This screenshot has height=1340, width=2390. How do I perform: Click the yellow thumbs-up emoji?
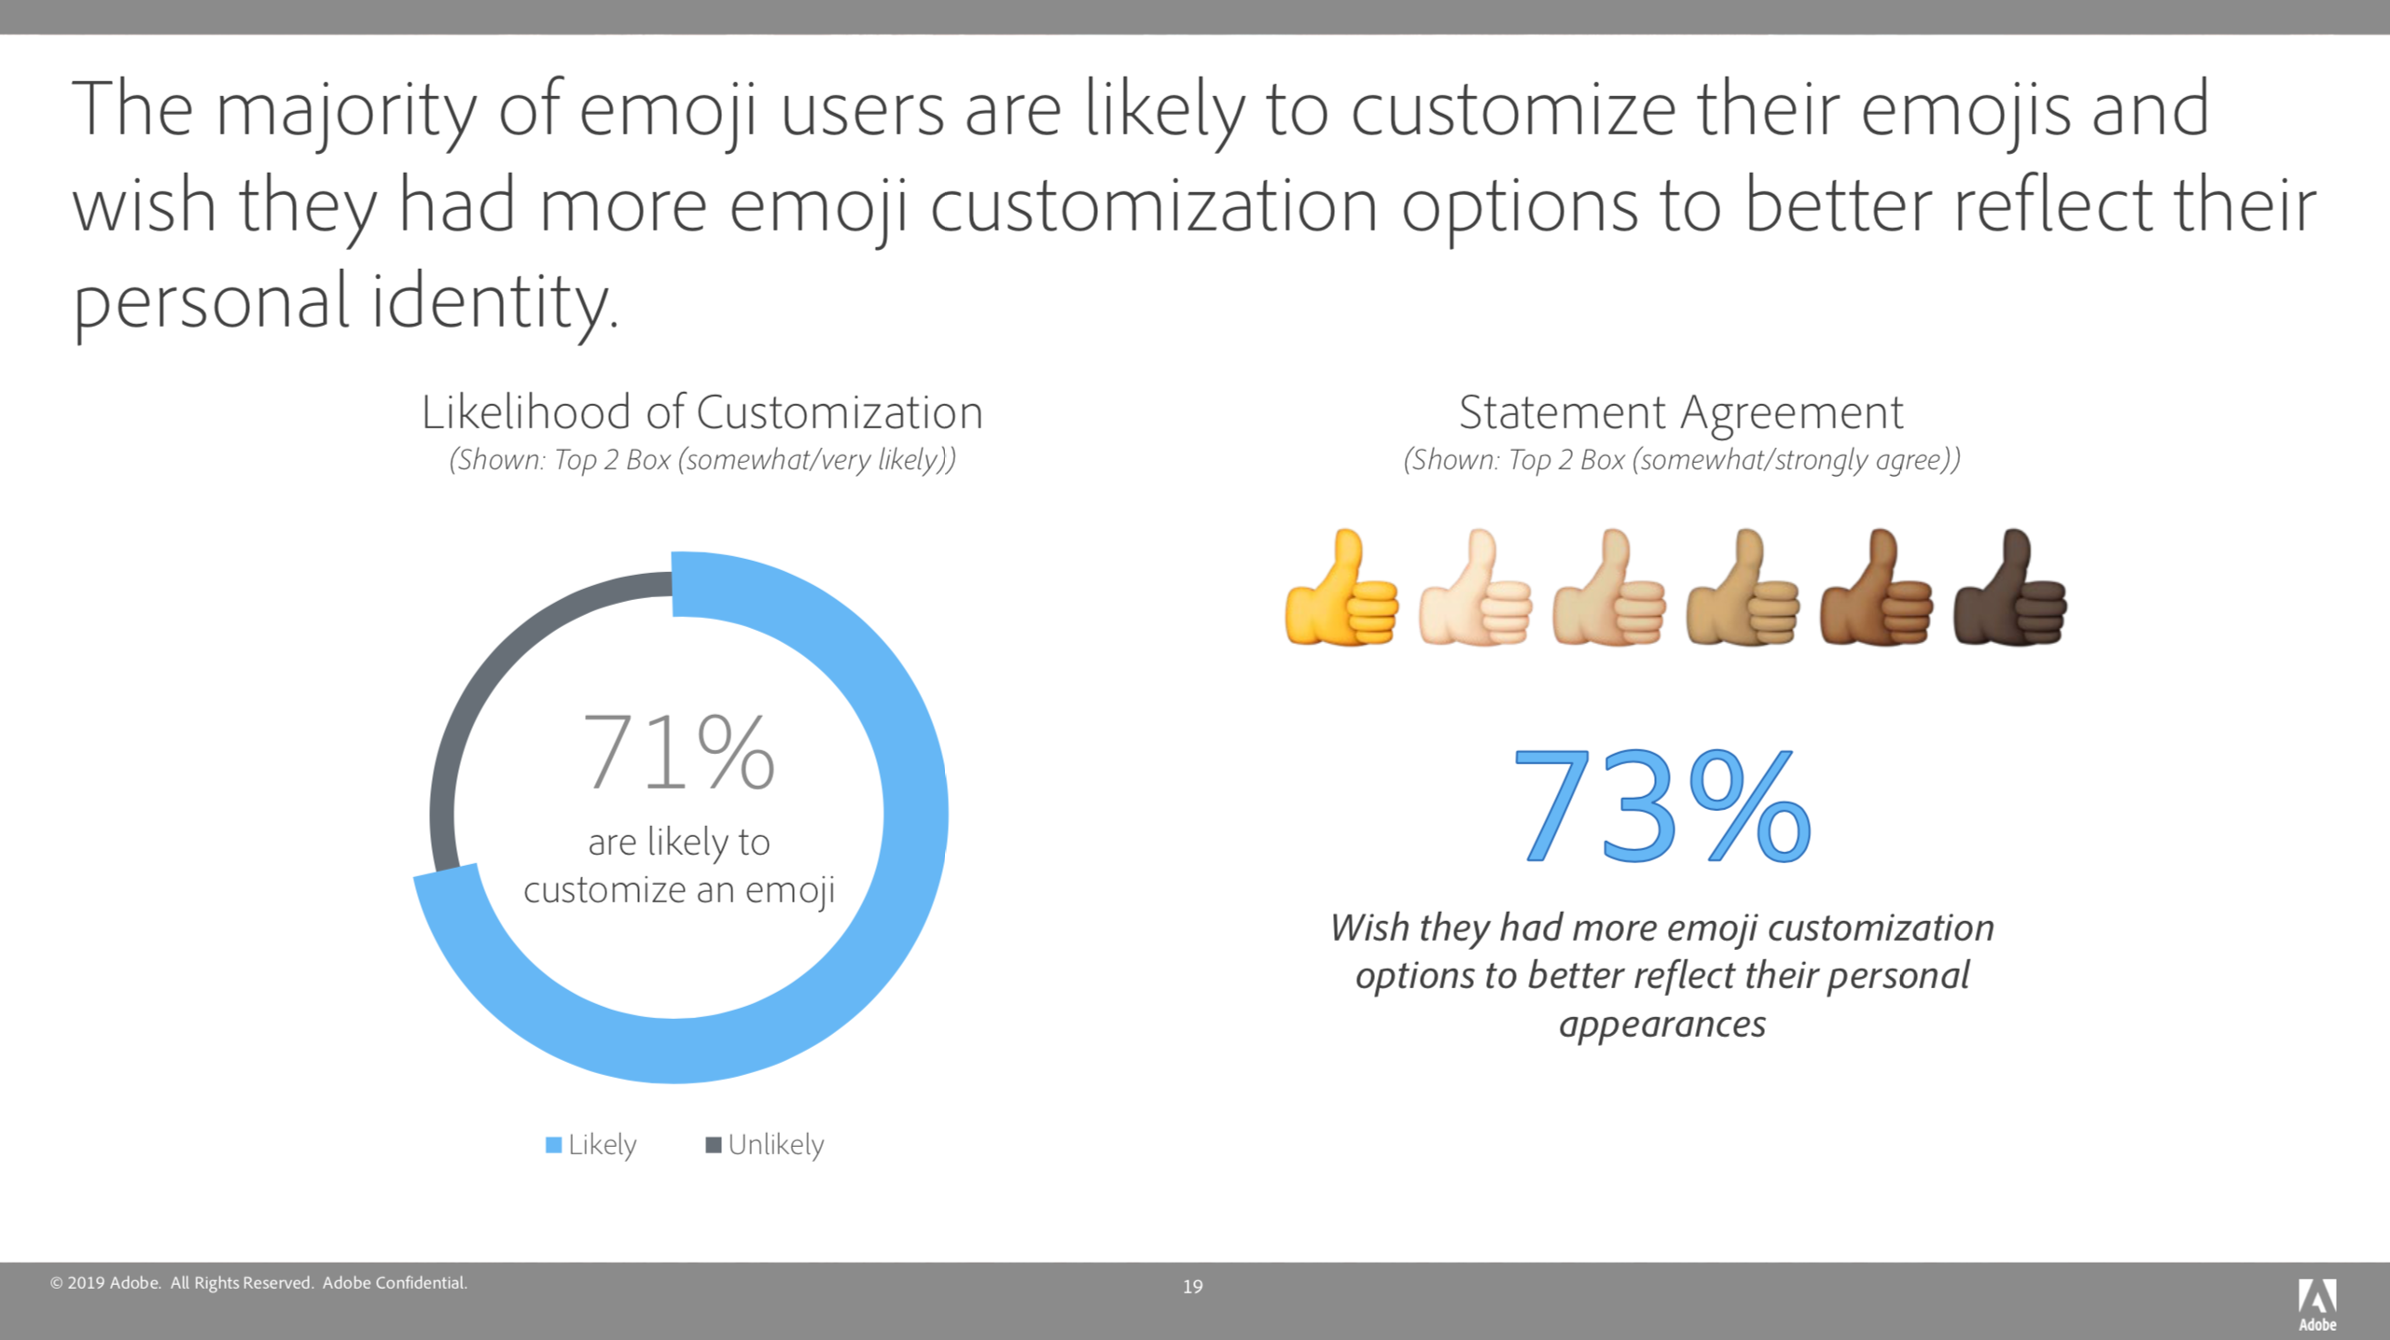tap(1341, 590)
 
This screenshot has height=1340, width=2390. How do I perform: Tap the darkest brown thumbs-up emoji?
tap(2009, 590)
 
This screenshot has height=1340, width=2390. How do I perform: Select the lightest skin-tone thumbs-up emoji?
tap(1474, 590)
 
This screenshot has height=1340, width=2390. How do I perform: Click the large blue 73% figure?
tap(1661, 805)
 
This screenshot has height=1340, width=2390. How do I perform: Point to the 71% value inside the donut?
tap(678, 752)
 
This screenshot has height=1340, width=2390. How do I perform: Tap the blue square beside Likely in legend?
tap(553, 1145)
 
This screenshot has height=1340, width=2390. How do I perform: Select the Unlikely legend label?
tap(775, 1145)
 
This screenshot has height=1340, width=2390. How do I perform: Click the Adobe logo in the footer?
tap(2317, 1304)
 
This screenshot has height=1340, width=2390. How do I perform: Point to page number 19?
tap(1192, 1287)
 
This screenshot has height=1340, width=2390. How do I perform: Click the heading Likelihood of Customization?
tap(702, 412)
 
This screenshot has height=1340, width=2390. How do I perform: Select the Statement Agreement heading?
tap(1680, 412)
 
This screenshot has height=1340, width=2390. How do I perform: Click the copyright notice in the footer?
tap(258, 1283)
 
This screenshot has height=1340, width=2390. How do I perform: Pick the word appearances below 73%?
tap(1662, 1025)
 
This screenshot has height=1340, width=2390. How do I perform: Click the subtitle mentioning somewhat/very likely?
tap(702, 460)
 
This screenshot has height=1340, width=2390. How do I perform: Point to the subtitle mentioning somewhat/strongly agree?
tap(1681, 460)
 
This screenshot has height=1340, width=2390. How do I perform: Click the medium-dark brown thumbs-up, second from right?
tap(1876, 590)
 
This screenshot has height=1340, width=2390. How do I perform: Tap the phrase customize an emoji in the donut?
tap(678, 890)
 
